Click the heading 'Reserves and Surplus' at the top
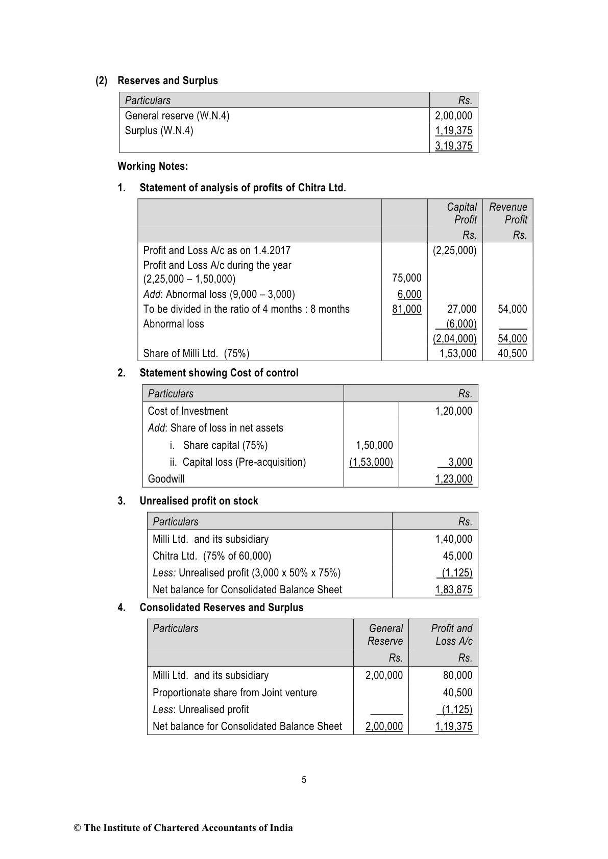[167, 81]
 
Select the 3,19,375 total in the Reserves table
[453, 146]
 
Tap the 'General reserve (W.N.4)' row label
[177, 116]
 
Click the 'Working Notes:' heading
[153, 166]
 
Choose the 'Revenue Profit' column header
[508, 213]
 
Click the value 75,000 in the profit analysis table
[407, 278]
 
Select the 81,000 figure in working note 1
[407, 309]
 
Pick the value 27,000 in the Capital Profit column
[462, 309]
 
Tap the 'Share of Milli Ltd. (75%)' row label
[196, 353]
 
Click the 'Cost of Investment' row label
[188, 411]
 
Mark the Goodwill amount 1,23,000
[453, 479]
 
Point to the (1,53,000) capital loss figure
[371, 462]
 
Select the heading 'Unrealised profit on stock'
[199, 501]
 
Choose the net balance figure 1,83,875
[453, 590]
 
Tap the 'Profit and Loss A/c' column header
[452, 635]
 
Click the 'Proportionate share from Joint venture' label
[235, 693]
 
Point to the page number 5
[304, 780]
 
